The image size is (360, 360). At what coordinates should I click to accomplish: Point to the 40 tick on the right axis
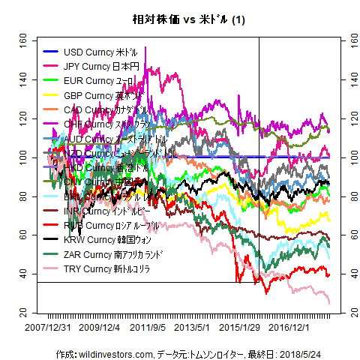[x=346, y=274]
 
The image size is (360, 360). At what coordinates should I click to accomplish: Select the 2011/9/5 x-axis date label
[x=148, y=327]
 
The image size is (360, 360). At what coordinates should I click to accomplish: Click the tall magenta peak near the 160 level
[x=145, y=48]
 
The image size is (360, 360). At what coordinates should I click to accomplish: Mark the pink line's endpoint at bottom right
[x=328, y=302]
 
